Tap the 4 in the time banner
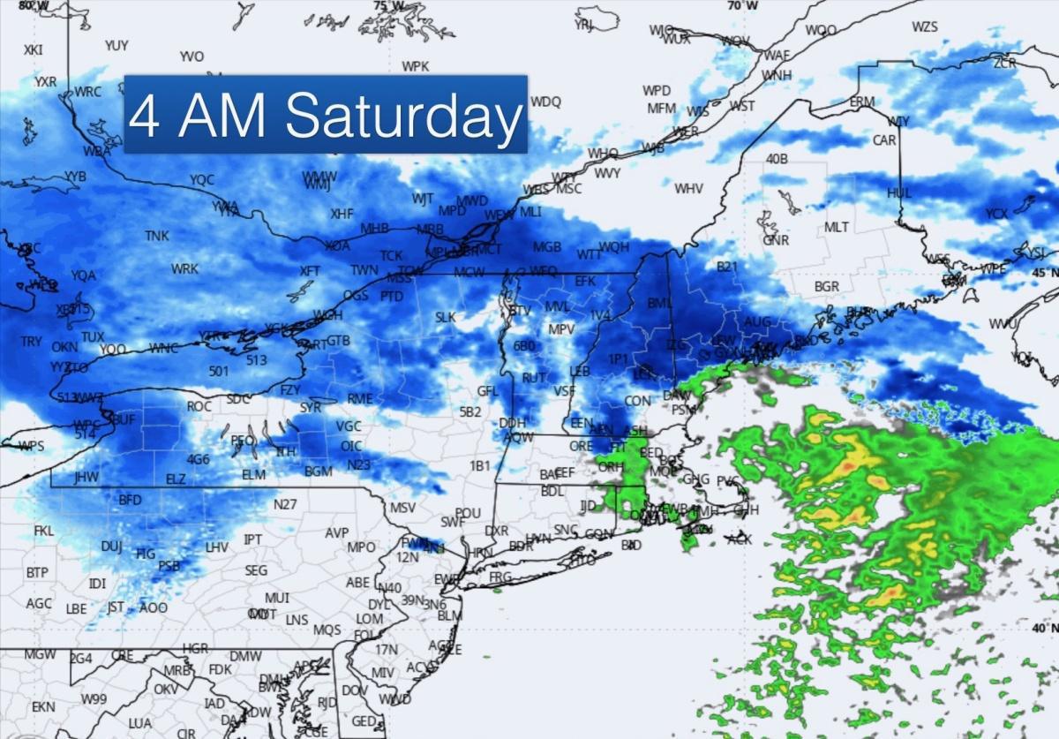click(x=145, y=116)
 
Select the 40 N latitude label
click(x=1043, y=627)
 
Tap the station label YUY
click(x=116, y=45)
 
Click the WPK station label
click(x=415, y=67)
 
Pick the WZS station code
click(x=925, y=26)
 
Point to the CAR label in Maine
click(x=884, y=140)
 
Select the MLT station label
click(x=836, y=228)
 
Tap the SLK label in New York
click(x=445, y=317)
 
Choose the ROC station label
click(x=199, y=407)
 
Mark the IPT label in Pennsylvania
click(x=253, y=539)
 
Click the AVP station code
click(x=337, y=533)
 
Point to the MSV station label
click(x=402, y=508)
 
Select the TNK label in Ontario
click(x=157, y=236)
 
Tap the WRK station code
click(x=185, y=269)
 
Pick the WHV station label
click(x=688, y=188)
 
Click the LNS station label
click(x=297, y=620)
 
